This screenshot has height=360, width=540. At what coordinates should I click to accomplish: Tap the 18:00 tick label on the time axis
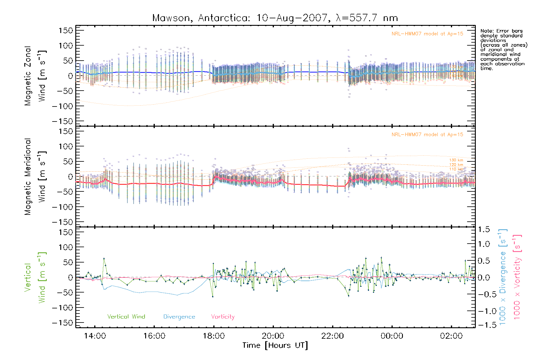(x=214, y=336)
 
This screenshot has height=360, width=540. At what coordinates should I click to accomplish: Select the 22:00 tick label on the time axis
(x=332, y=336)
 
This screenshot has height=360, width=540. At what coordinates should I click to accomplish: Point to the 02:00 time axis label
(x=451, y=336)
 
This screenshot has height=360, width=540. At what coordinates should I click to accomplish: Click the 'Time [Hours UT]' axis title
(x=275, y=345)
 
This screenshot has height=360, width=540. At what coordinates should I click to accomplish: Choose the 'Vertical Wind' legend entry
(x=126, y=317)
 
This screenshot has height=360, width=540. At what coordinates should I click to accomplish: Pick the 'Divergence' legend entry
(x=179, y=317)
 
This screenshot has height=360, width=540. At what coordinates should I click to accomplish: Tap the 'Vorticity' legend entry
(x=223, y=317)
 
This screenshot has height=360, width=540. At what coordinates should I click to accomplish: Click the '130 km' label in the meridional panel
(x=456, y=160)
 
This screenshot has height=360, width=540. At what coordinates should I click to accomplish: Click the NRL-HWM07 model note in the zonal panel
(x=427, y=34)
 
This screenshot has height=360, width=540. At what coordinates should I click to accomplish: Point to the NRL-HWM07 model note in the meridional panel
(x=427, y=135)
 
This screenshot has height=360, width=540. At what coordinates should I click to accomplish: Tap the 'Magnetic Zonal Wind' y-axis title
(x=35, y=76)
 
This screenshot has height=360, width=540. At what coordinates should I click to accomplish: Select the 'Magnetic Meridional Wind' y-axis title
(x=35, y=177)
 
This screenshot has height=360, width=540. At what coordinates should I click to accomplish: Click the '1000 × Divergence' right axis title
(x=502, y=277)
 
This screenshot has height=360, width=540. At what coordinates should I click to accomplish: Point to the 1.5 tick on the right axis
(x=484, y=229)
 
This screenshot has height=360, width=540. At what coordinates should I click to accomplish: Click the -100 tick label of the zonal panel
(x=62, y=106)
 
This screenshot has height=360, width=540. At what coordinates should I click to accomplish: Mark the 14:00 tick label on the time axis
(x=95, y=336)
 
